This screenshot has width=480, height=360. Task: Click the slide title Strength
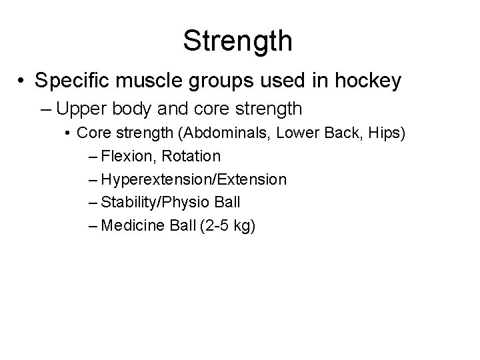(x=238, y=40)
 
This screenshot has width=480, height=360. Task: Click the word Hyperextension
(x=153, y=179)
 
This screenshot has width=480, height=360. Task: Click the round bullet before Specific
(x=23, y=82)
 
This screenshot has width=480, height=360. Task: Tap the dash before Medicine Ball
(x=91, y=226)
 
